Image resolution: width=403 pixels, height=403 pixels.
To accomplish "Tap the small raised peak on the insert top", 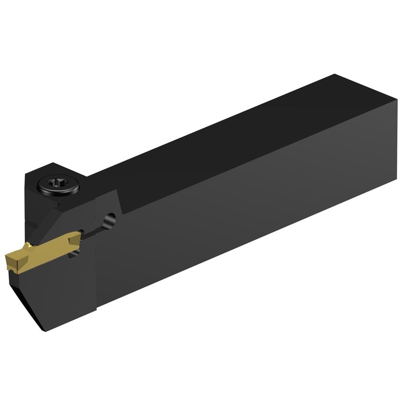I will (x=28, y=245).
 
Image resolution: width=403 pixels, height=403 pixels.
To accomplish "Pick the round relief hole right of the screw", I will (x=110, y=219).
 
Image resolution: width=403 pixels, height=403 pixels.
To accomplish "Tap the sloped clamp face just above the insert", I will (x=52, y=222).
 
